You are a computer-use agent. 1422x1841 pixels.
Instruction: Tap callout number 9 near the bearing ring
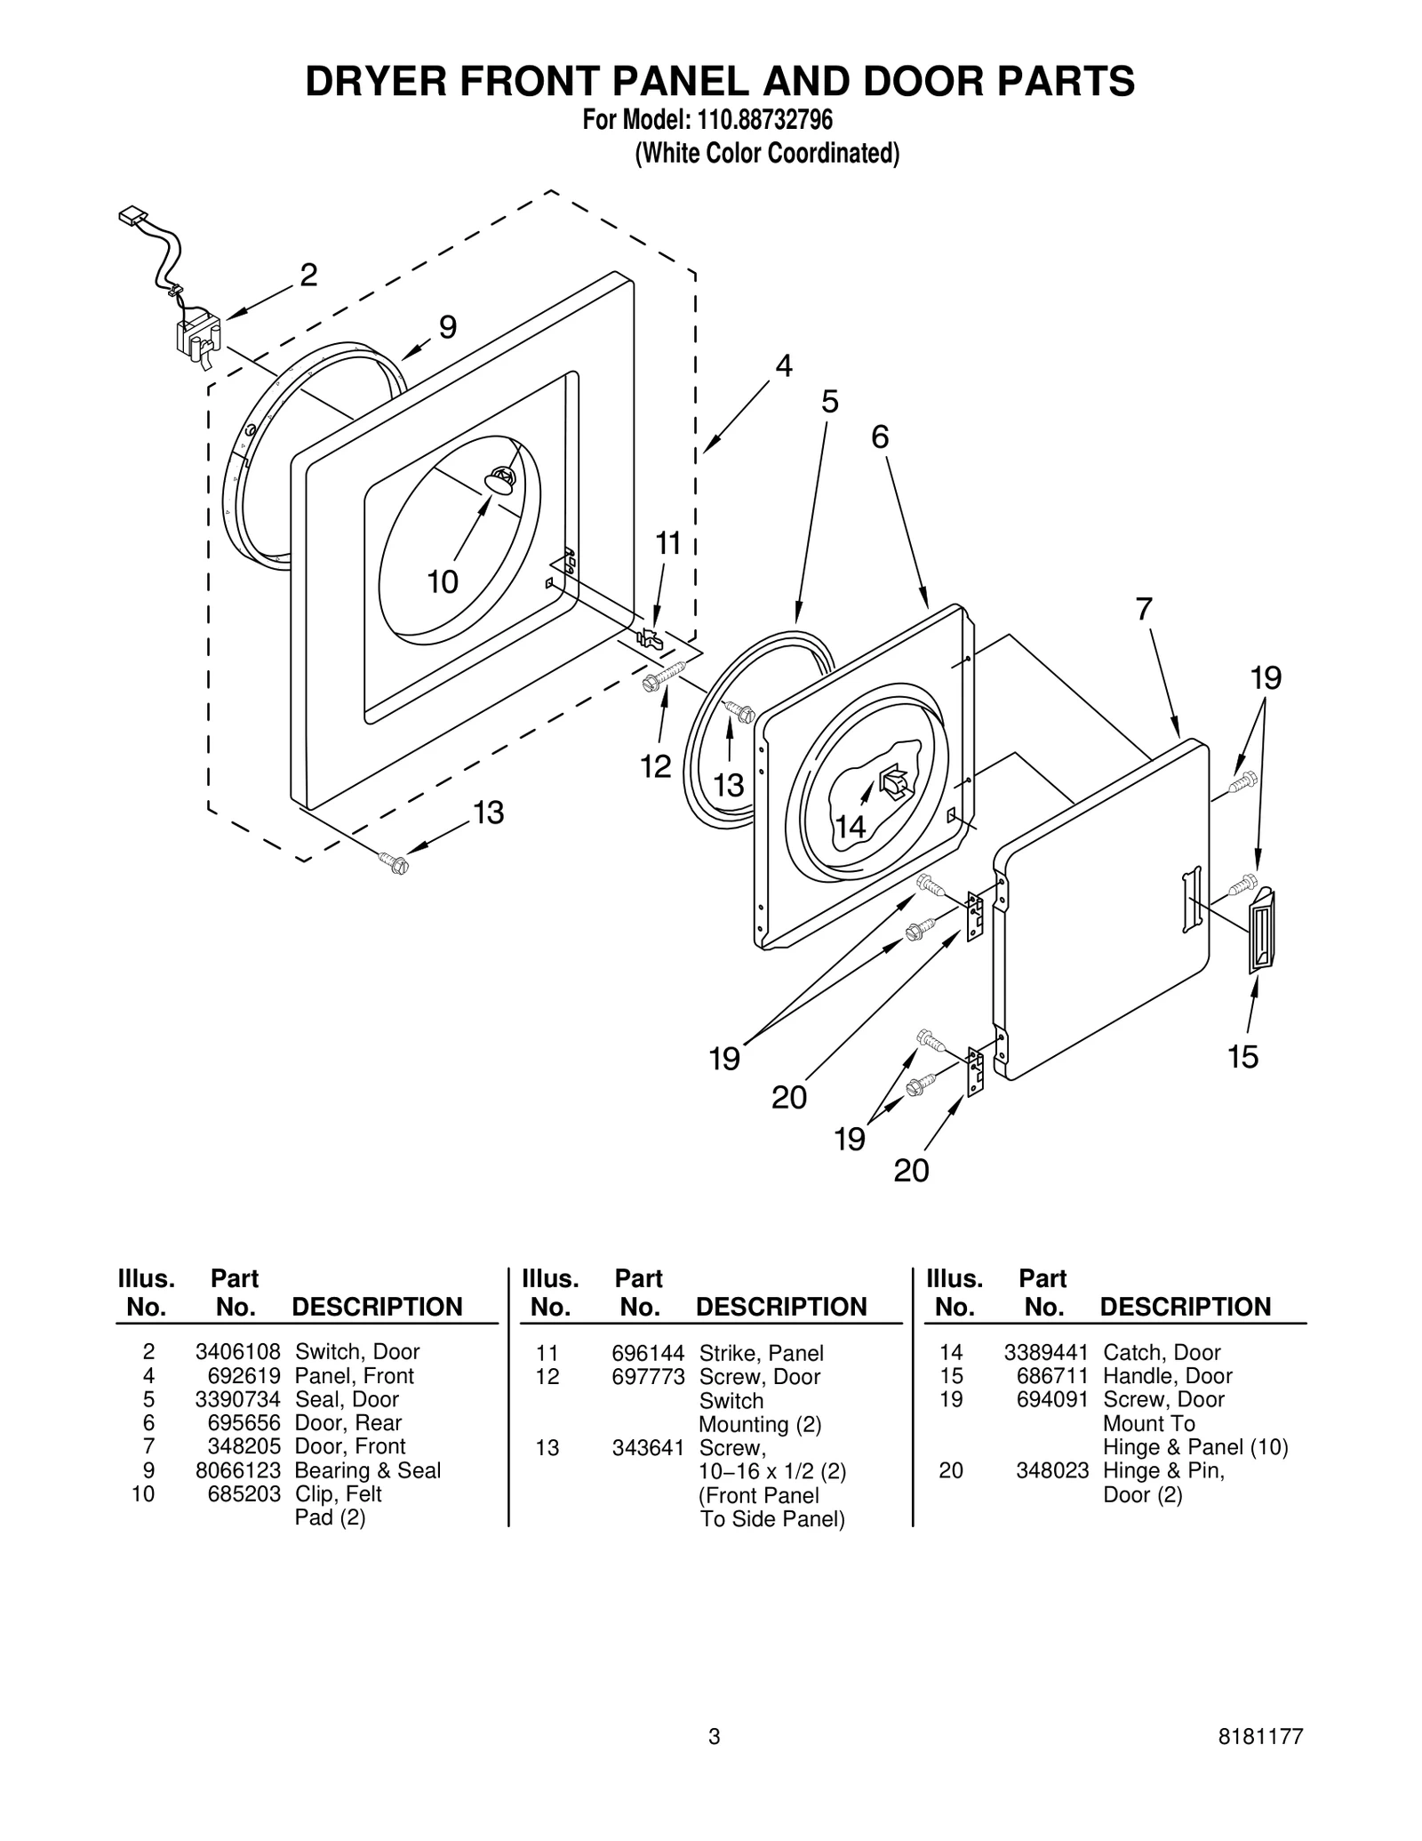tap(448, 328)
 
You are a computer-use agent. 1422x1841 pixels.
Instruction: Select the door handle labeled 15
tap(1261, 929)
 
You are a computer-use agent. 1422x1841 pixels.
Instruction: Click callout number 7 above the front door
tap(1144, 610)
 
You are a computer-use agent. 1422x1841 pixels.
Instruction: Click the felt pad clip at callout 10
tap(500, 480)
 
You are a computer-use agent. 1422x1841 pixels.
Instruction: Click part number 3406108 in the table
tap(237, 1352)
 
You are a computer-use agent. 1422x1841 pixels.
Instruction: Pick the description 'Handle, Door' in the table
tap(1167, 1376)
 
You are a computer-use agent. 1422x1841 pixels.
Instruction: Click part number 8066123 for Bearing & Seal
tap(237, 1471)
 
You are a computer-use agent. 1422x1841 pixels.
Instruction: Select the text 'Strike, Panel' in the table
tap(761, 1353)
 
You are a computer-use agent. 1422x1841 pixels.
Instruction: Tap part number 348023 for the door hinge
tap(1052, 1471)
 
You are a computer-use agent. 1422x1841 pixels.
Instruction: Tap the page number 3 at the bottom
tap(714, 1762)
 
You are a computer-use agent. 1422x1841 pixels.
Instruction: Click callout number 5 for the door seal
tap(829, 402)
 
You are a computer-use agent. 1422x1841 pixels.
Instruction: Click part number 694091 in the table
tap(1052, 1400)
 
